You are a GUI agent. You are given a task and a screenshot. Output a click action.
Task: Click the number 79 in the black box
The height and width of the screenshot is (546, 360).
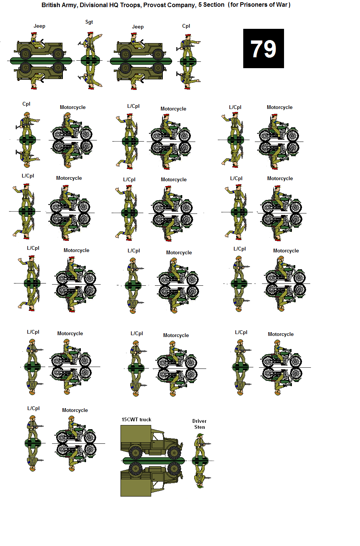tap(263, 49)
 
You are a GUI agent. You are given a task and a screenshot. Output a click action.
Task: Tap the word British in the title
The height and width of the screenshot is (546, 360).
tap(51, 5)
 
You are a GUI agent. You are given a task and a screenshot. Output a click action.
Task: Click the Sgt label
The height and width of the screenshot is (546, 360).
tap(89, 22)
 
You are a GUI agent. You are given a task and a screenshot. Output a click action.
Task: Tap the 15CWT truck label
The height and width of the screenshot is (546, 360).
tap(136, 419)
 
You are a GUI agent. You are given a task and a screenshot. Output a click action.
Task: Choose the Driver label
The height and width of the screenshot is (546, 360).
tap(199, 421)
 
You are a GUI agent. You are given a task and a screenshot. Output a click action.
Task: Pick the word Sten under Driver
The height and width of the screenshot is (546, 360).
tap(199, 427)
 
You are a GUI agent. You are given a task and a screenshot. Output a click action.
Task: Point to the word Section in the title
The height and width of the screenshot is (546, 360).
tap(214, 5)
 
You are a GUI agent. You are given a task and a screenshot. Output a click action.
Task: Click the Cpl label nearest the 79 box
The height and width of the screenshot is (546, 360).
tap(186, 26)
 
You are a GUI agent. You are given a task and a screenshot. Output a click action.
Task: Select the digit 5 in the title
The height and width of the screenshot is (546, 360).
tap(200, 5)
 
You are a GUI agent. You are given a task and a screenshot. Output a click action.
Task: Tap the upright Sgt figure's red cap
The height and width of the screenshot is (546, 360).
tap(90, 33)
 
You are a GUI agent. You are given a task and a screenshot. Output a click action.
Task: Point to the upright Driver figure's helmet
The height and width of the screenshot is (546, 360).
tap(199, 436)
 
